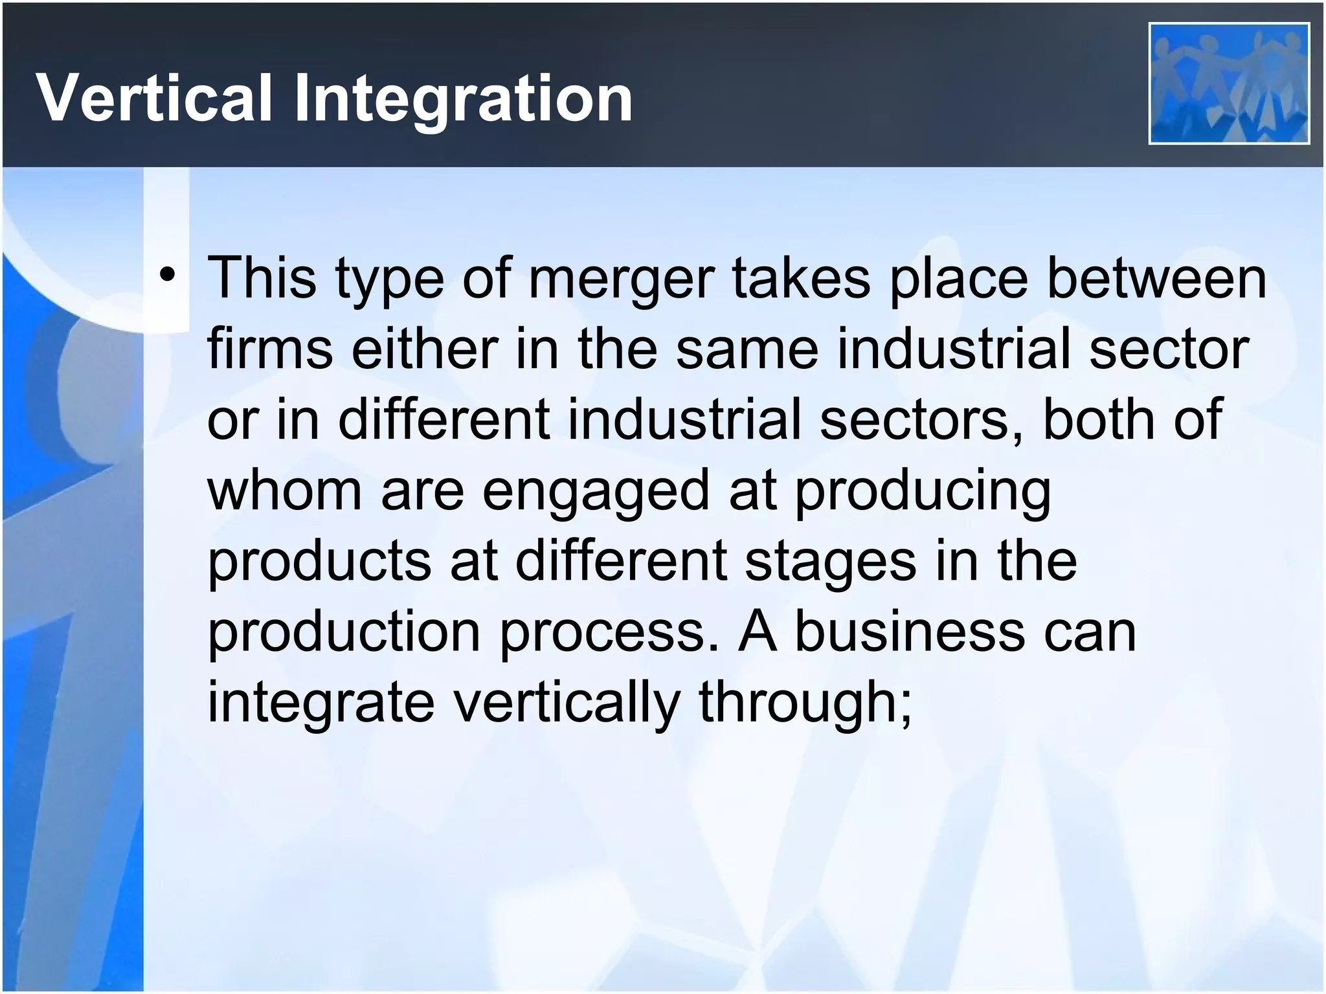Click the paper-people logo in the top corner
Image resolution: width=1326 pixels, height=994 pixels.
[x=1229, y=83]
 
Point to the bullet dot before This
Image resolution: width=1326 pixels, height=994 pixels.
[x=168, y=278]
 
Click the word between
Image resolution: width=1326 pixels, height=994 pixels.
[x=1156, y=278]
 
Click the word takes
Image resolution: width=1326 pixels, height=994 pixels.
[x=801, y=278]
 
